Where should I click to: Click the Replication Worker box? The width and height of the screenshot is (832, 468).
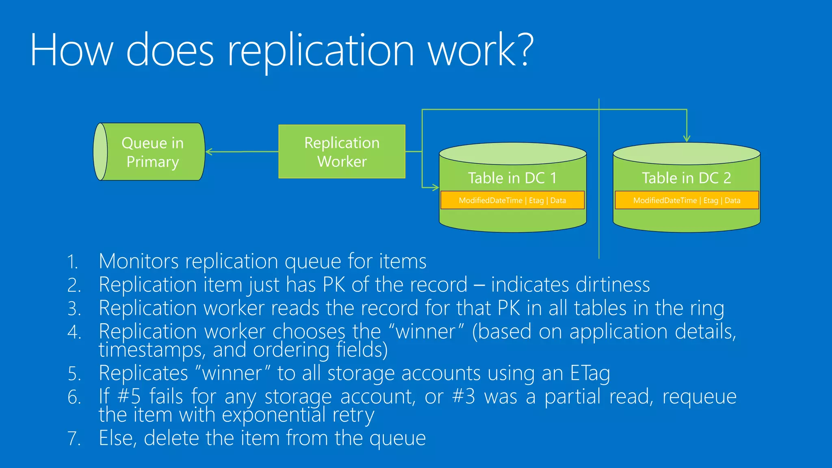point(342,152)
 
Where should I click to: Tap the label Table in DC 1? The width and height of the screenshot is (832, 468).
point(512,178)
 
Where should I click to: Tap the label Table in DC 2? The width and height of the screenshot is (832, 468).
point(686,178)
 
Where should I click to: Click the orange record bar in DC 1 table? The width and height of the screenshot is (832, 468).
point(512,200)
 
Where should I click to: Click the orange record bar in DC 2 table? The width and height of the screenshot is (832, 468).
point(687,200)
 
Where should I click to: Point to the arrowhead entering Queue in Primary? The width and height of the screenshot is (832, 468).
point(209,152)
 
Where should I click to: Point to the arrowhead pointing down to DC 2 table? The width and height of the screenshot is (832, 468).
point(687,139)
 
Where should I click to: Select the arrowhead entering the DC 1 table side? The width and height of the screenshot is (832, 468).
point(436,187)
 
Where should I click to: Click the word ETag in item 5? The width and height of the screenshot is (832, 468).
point(590,373)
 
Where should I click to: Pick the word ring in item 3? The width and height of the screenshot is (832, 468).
point(707,309)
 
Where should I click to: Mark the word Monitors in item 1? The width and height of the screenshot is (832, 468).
point(139,261)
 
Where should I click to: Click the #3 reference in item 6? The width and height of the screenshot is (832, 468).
point(464,396)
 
